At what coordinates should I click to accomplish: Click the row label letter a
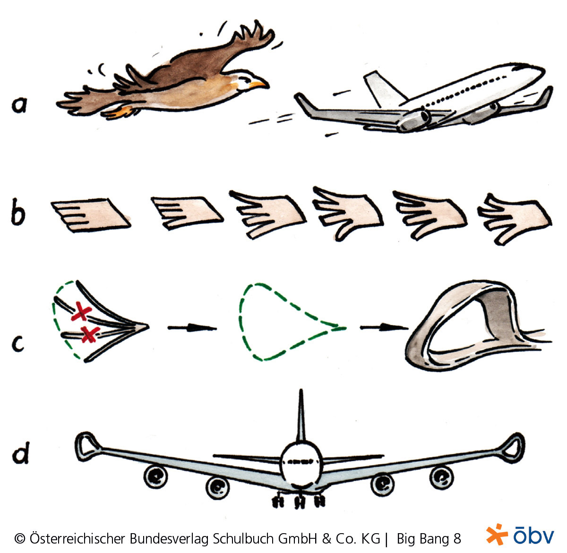coord(19,105)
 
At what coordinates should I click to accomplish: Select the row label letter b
coord(18,212)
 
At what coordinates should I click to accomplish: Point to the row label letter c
coord(18,344)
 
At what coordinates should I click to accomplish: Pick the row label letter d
coord(21,453)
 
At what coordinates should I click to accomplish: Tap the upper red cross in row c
coord(81,311)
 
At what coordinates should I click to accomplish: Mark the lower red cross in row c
coord(90,334)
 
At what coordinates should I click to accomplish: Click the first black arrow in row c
coord(192,328)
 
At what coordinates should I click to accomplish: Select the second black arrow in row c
coord(384,328)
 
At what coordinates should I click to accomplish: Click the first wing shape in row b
coord(91,215)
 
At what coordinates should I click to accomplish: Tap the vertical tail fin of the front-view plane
coord(301,417)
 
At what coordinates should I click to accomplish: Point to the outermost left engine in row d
coord(155,477)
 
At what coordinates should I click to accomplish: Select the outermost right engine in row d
coord(441,477)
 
